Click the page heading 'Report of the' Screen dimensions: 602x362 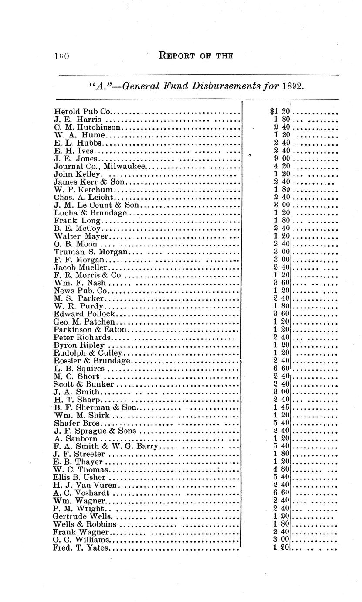click(196, 56)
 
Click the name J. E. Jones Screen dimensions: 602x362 click(75, 159)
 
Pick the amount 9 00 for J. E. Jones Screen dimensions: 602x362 click(282, 159)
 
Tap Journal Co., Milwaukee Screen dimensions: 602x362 click(100, 166)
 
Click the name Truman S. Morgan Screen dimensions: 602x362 click(91, 252)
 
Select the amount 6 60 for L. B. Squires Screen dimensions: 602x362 click(282, 369)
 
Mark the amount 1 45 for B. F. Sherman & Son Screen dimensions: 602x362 click(282, 407)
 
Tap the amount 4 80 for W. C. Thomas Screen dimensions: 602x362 click(282, 470)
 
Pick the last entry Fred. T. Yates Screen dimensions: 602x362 click(81, 547)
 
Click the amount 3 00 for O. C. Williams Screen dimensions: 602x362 click(282, 540)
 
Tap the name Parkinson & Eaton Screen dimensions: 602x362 click(90, 330)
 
